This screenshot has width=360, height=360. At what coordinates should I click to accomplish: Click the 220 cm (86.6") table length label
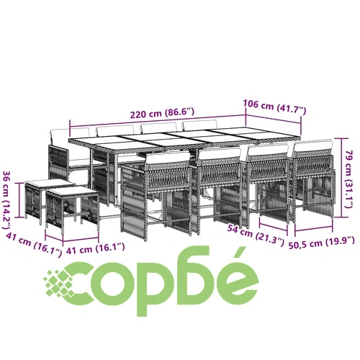tap(162, 113)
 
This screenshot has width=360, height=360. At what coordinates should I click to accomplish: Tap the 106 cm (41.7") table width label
tap(275, 107)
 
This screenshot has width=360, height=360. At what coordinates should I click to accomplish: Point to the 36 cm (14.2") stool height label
tap(7, 199)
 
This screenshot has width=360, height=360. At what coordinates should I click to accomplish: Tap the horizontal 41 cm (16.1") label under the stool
tap(95, 248)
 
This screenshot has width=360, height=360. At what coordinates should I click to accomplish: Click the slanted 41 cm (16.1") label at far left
tap(34, 244)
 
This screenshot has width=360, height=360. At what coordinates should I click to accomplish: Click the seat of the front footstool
tap(71, 192)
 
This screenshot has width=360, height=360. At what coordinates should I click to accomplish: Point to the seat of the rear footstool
tap(50, 183)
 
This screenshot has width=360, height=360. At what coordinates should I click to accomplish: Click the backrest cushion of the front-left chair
tap(168, 158)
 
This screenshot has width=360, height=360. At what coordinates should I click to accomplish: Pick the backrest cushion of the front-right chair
tap(313, 146)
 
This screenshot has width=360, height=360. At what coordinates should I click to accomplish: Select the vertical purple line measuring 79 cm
tap(341, 178)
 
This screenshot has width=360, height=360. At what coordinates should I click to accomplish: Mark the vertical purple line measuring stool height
tap(19, 200)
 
